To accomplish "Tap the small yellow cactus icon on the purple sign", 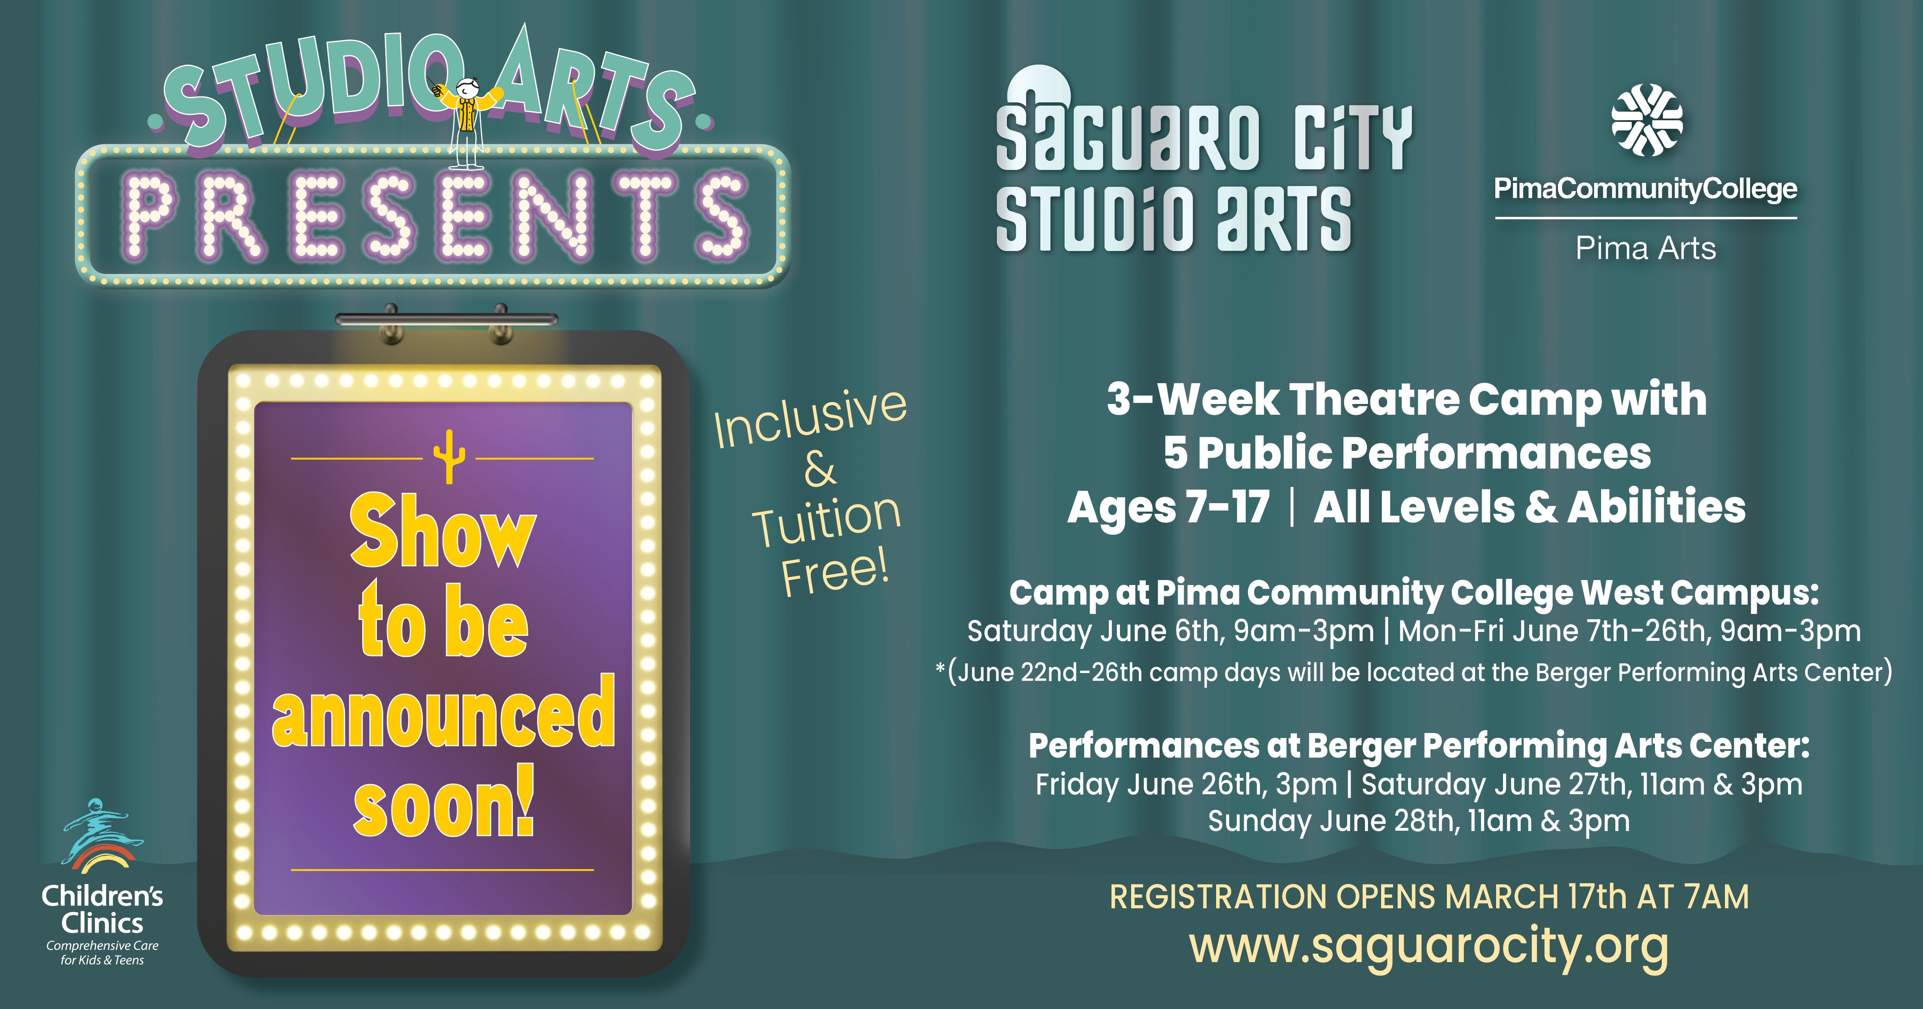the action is pyautogui.click(x=449, y=457).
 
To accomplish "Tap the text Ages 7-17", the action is pyautogui.click(x=1168, y=507).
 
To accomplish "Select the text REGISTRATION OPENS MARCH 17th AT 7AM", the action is pyautogui.click(x=1429, y=896).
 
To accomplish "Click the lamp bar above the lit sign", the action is pyautogui.click(x=447, y=319).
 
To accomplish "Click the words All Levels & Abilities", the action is pyautogui.click(x=1530, y=507).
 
